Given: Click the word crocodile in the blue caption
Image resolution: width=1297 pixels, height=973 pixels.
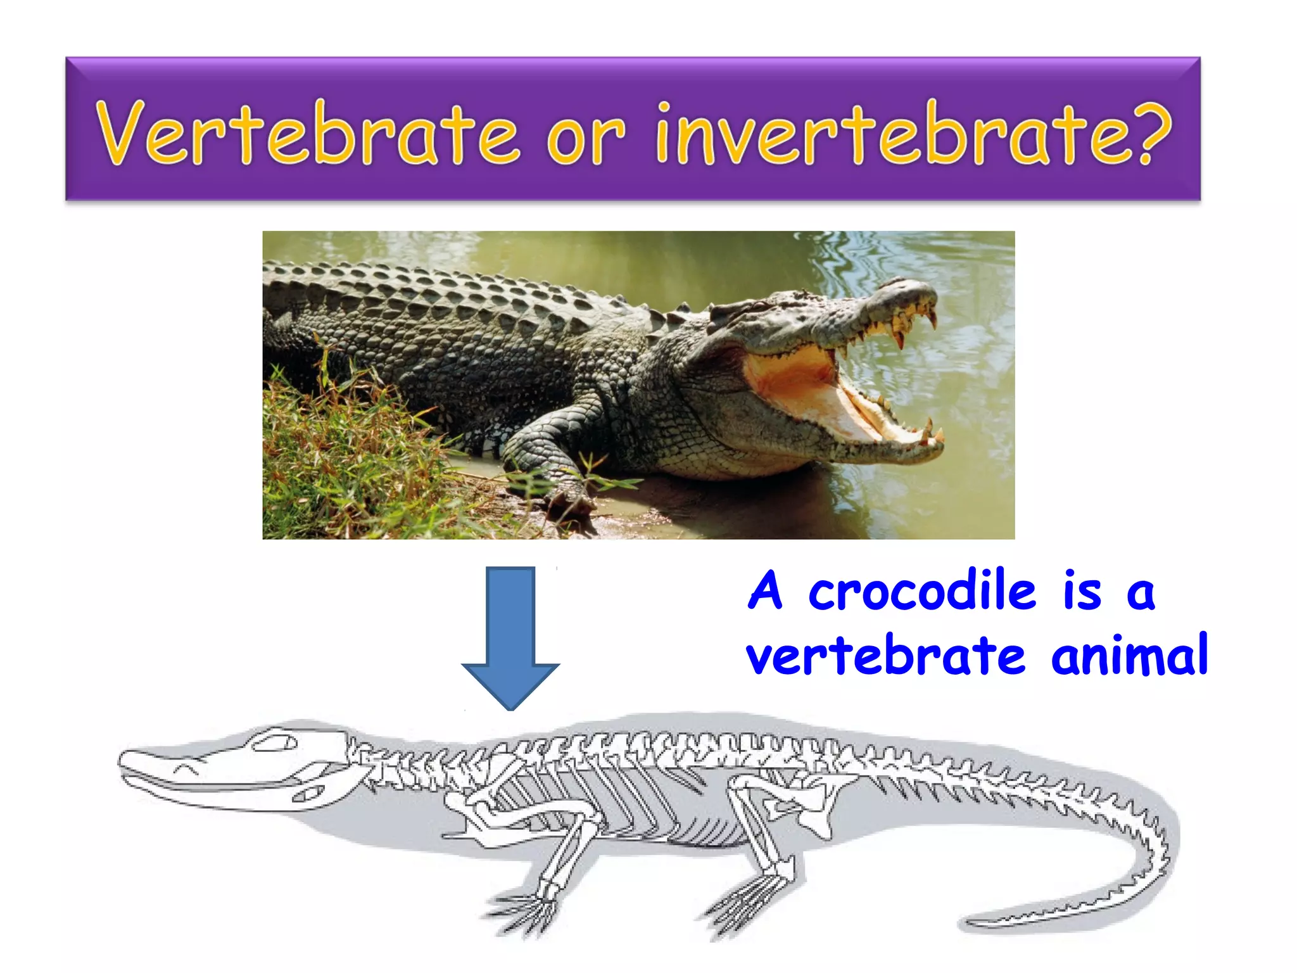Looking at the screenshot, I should [x=921, y=592].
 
